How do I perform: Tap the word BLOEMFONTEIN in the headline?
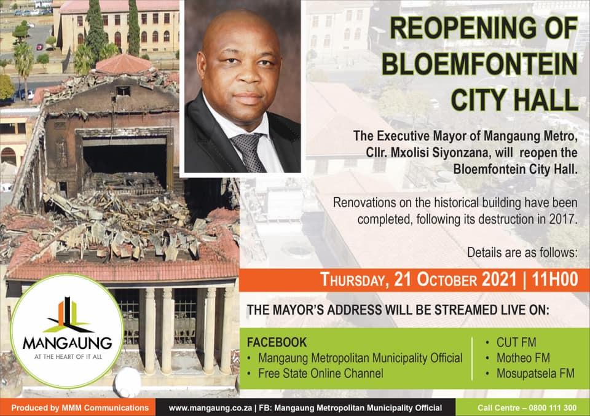pos(480,65)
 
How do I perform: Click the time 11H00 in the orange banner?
pos(555,280)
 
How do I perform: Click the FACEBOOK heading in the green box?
pos(277,342)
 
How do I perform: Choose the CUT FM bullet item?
pos(516,342)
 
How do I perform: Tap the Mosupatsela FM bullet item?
pos(535,373)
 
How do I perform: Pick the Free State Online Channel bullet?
pos(321,373)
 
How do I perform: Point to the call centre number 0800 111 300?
pos(553,408)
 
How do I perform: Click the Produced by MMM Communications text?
pos(80,408)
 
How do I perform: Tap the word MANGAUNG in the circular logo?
pos(68,343)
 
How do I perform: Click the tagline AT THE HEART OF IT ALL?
pos(68,356)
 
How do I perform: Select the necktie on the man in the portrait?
pos(248,152)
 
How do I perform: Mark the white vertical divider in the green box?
pos(472,358)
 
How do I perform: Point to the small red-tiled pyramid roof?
pos(124,64)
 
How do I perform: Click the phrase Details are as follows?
pos(522,253)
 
